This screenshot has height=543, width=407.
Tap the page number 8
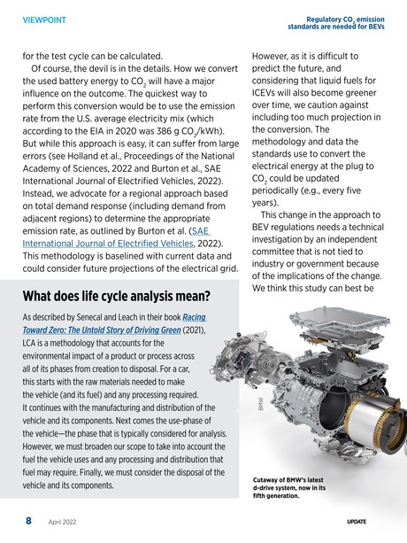(x=28, y=522)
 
